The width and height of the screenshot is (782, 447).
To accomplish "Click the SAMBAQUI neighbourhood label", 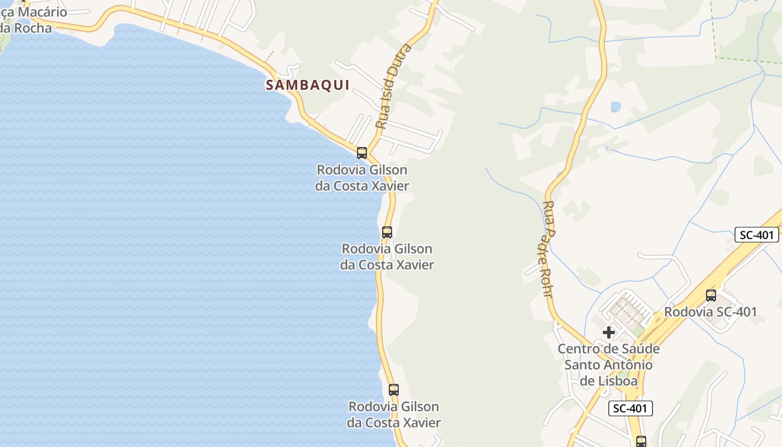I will click(308, 85).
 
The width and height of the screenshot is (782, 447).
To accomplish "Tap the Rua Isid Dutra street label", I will click(393, 87).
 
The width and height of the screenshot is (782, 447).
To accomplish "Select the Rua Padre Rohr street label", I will click(548, 249).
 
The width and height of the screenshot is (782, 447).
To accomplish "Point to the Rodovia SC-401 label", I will click(711, 312).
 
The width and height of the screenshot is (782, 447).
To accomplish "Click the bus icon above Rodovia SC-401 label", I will click(711, 295).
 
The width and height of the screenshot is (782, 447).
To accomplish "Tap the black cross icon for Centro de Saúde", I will click(609, 332).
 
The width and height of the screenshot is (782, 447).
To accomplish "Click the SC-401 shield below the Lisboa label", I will click(630, 408).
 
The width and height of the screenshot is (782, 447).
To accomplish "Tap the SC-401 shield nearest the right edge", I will click(756, 235).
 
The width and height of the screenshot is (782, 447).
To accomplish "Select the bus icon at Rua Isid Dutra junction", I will click(362, 153).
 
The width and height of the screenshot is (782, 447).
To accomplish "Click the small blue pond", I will click(616, 106).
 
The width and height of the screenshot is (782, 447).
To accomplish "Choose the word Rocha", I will click(33, 27).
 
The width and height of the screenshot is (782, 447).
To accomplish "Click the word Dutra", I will click(404, 61).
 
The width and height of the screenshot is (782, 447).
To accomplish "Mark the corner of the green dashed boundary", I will click(717, 58).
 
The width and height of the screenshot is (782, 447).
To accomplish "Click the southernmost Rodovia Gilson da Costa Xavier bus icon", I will click(394, 389).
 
